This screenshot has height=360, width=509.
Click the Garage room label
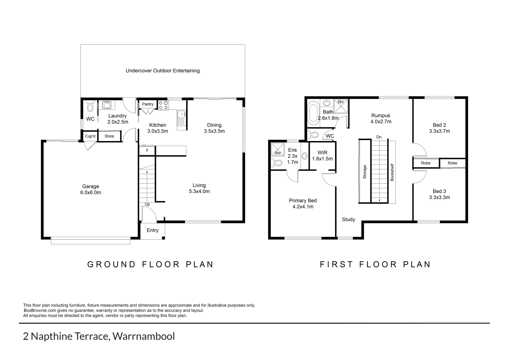(x=91, y=186)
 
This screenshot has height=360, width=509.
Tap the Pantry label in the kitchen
(x=148, y=104)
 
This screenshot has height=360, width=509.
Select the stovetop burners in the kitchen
(x=163, y=105)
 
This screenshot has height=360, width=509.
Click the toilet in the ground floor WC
(x=90, y=106)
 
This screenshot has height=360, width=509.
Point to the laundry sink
(x=107, y=105)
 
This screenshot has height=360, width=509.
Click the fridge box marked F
(x=147, y=150)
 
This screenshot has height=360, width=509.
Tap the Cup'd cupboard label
(x=90, y=136)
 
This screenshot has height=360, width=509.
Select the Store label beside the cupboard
(x=109, y=136)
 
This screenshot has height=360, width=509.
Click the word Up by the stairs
(x=147, y=204)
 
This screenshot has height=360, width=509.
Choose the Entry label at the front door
(x=153, y=230)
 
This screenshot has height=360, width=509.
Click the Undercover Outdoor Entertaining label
(x=163, y=71)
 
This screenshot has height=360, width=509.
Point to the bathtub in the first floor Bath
(x=313, y=113)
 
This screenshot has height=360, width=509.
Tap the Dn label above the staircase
(x=379, y=137)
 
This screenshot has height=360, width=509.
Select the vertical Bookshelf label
(x=392, y=172)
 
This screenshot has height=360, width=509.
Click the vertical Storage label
(x=365, y=172)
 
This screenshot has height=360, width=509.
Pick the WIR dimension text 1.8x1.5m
(x=322, y=159)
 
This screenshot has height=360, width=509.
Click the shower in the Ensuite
(x=278, y=149)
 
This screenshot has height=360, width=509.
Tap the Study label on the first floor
(x=348, y=219)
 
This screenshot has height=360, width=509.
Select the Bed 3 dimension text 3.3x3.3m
(x=439, y=197)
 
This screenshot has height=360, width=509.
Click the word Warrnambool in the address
(x=144, y=336)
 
